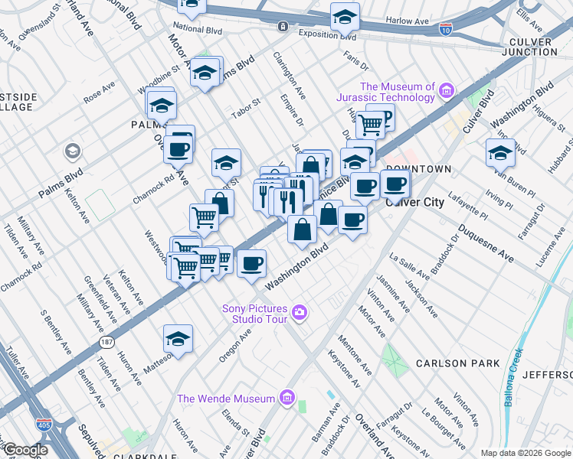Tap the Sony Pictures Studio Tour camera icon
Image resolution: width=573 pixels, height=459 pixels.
pyautogui.click(x=299, y=312)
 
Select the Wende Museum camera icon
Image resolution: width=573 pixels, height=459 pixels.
pyautogui.click(x=287, y=398)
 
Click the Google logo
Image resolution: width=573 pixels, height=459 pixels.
pyautogui.click(x=25, y=450)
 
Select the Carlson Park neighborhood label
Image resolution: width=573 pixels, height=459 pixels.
pyautogui.click(x=457, y=363)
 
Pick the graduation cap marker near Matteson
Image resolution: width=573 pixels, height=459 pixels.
pyautogui.click(x=178, y=337)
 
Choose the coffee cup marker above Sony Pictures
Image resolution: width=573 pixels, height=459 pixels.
pyautogui.click(x=251, y=263)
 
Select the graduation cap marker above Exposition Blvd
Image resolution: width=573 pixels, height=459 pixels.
pyautogui.click(x=345, y=15)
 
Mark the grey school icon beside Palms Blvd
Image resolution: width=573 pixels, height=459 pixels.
pyautogui.click(x=73, y=151)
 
